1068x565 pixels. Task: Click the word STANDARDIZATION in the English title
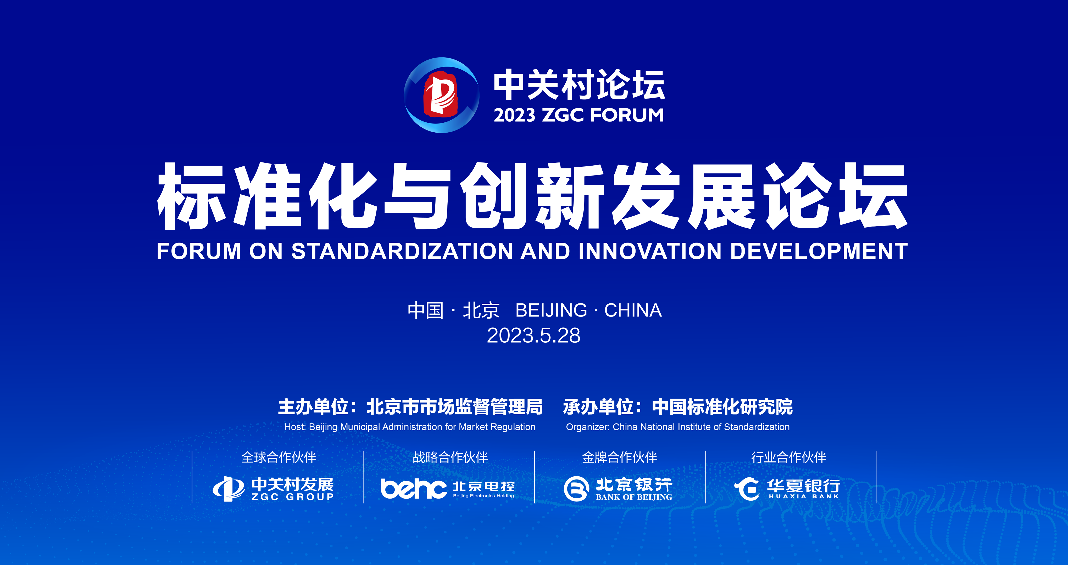tap(402, 251)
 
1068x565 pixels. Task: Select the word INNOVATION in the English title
tap(650, 251)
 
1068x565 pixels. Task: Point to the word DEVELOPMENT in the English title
tap(819, 251)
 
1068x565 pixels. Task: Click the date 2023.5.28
tap(533, 336)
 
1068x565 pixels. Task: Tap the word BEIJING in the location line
tap(551, 310)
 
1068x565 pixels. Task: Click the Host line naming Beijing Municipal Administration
tap(410, 427)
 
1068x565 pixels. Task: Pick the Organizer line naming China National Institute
tap(678, 427)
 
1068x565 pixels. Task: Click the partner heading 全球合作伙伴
tap(279, 457)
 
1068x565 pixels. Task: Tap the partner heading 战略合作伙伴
tap(450, 457)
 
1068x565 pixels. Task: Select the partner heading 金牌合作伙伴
tap(619, 457)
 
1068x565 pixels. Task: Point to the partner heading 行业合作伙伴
tap(788, 457)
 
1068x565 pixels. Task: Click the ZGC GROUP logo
tap(273, 489)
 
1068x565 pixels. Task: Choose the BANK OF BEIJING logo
tap(618, 489)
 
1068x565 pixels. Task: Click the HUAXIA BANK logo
tap(787, 489)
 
